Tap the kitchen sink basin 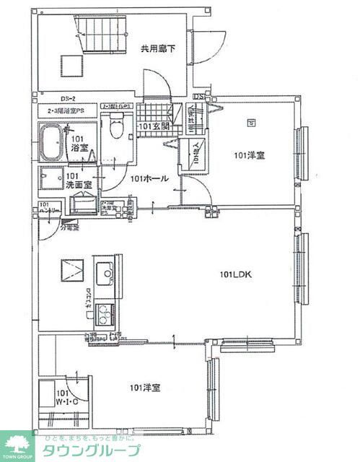tap(105, 272)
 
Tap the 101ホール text tap(150, 178)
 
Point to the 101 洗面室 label tap(79, 180)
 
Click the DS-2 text tap(69, 99)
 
